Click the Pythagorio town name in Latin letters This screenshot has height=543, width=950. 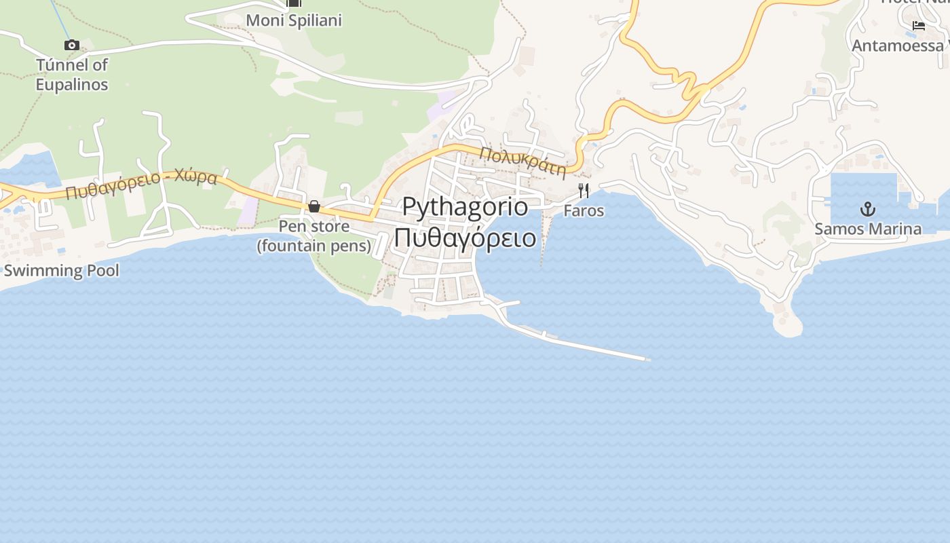465,206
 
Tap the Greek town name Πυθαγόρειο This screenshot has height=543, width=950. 465,238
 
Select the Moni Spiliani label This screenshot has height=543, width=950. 293,20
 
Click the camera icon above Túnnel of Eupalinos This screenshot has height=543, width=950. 71,45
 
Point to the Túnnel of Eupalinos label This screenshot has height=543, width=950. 71,75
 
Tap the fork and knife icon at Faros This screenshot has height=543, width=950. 584,190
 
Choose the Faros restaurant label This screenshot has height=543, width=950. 584,211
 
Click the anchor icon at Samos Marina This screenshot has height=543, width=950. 867,208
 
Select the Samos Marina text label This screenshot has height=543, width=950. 867,229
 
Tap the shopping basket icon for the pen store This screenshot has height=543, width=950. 314,206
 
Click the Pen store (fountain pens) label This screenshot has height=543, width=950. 314,236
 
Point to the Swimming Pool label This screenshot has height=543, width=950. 61,271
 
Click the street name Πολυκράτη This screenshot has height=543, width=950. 522,162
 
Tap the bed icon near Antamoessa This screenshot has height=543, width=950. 919,26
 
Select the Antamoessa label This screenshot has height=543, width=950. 897,45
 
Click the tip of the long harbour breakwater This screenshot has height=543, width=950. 648,359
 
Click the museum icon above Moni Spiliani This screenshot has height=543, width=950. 293,3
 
